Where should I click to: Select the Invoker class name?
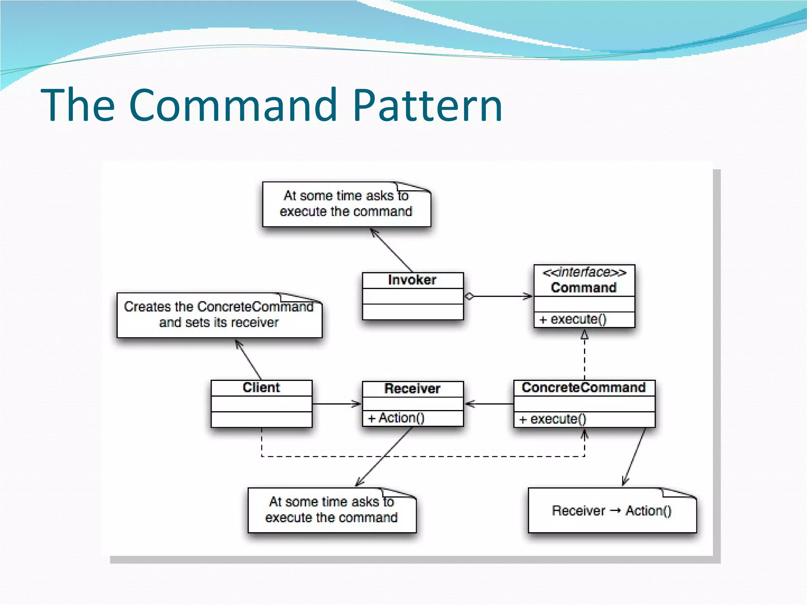[x=412, y=280]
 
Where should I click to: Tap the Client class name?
[x=261, y=388]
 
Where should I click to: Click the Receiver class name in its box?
[x=412, y=389]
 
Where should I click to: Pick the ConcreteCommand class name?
[x=584, y=388]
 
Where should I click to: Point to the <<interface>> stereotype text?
[x=584, y=272]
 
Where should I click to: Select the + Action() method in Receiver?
[x=396, y=418]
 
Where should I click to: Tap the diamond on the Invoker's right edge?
[x=469, y=297]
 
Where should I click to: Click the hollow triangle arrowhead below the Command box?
[x=584, y=335]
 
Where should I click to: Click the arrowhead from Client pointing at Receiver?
[x=356, y=404]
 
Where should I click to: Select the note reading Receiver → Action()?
[x=612, y=511]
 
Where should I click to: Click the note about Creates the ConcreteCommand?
[x=219, y=315]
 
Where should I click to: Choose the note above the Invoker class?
[x=346, y=204]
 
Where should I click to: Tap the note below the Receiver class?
[x=331, y=510]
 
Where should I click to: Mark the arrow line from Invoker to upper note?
[x=392, y=251]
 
